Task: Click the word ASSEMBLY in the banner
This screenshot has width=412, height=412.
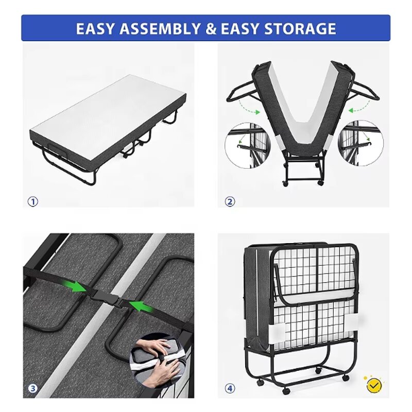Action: point(158,28)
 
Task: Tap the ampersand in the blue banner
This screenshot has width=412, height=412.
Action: point(211,28)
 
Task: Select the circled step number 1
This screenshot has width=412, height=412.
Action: point(32,202)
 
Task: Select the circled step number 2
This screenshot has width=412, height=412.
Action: point(230,202)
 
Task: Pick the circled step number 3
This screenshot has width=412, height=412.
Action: point(32,388)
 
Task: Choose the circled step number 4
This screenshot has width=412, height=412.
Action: point(230,388)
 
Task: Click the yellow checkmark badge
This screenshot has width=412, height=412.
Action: point(374,384)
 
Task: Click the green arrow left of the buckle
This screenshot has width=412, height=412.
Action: point(77,286)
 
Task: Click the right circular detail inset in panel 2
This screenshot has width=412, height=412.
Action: point(360,143)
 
